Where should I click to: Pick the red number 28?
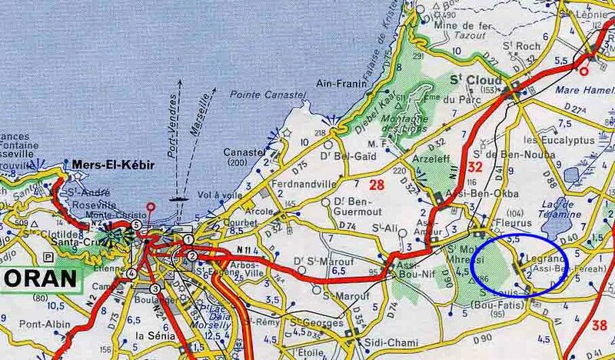tap(377, 184)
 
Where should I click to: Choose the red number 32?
tap(476, 168)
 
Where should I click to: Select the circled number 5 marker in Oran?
tap(135, 225)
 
